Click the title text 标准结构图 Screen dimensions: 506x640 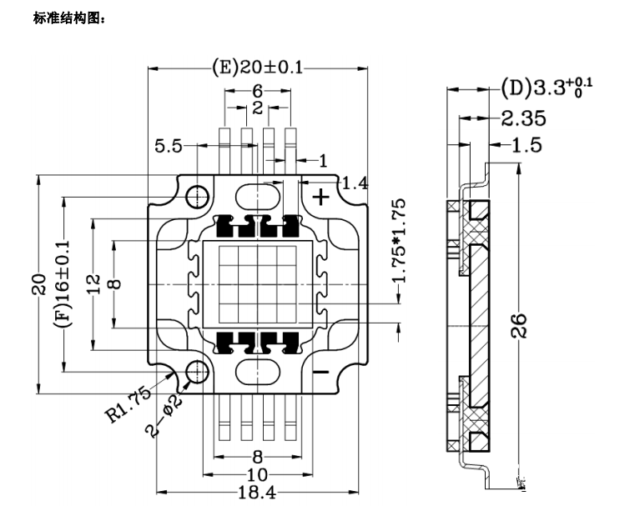click(69, 18)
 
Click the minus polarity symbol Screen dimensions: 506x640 click(320, 372)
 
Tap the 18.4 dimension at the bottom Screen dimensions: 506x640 click(257, 492)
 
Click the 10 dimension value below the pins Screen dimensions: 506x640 click(257, 473)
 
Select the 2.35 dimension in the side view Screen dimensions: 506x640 click(523, 117)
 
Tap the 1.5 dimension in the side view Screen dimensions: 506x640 click(527, 145)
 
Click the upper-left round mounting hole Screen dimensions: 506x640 click(198, 197)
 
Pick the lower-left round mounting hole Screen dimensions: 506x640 click(198, 372)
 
